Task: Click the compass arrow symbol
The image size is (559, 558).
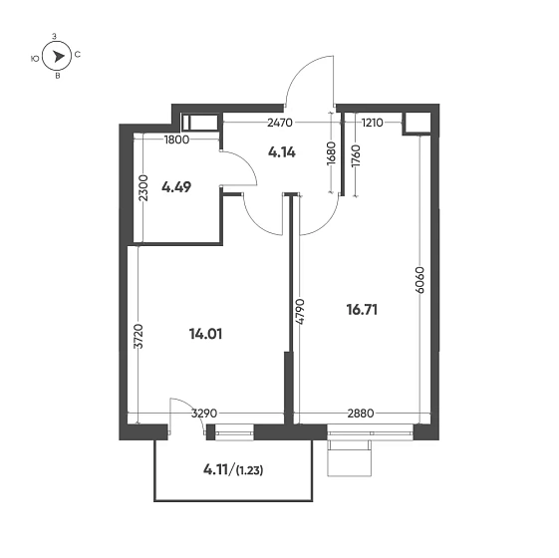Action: coord(59,57)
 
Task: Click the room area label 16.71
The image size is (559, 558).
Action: coord(361,310)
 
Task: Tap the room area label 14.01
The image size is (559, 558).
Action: coord(204,334)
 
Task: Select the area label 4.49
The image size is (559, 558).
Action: coord(176,185)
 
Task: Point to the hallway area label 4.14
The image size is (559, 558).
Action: coord(282,153)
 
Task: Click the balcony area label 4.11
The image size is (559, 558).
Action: coord(217,469)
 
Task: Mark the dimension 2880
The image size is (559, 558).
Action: coord(359,412)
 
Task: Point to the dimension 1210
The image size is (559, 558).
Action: coord(372,124)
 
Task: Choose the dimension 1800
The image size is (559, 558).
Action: coord(177,139)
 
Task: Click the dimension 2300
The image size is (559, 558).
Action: coord(143,188)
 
